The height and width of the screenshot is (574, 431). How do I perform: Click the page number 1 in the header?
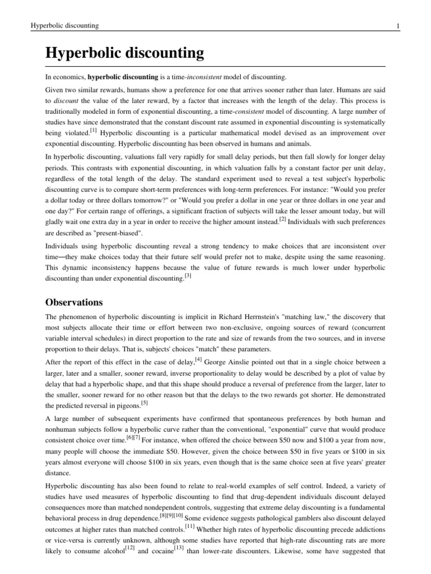[397, 26]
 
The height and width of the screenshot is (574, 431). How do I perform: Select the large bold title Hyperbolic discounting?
[124, 54]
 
